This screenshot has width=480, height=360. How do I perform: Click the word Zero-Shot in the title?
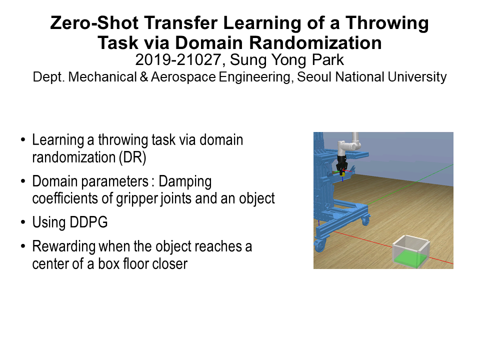pos(94,23)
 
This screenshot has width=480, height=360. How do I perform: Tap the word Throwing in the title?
pos(387,23)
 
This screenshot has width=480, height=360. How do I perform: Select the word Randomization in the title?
pos(315,43)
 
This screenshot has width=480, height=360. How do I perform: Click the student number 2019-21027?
pos(178,59)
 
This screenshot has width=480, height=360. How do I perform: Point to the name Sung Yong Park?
pos(287,60)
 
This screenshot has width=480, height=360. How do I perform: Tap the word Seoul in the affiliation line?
pos(314,77)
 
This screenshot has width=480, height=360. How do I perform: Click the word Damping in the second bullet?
pos(185,182)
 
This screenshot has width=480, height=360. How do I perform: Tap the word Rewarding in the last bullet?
pos(63,246)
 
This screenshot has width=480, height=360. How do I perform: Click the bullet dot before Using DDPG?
pos(23,222)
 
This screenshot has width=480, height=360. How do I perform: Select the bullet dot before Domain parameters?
pos(23,181)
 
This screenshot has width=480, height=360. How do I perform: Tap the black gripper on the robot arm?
pos(341,164)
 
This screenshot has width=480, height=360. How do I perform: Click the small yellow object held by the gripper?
pos(343,174)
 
